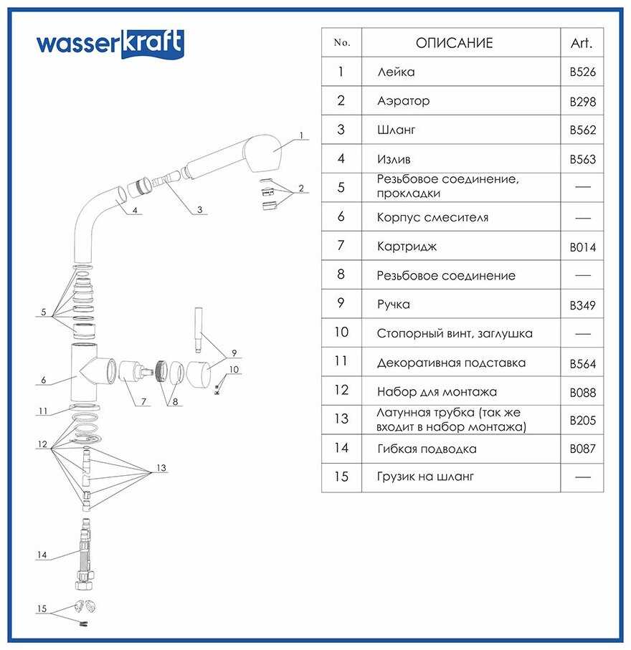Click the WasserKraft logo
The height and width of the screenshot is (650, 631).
[110, 43]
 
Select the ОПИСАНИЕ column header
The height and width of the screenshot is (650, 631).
[455, 43]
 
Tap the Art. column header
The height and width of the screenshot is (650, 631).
[582, 43]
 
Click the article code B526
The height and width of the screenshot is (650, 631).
[582, 72]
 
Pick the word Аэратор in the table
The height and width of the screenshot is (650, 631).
[403, 101]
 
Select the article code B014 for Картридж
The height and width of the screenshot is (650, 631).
[582, 247]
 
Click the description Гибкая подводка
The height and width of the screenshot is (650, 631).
[427, 449]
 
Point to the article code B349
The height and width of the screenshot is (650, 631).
[582, 305]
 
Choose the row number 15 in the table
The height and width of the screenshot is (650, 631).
[341, 477]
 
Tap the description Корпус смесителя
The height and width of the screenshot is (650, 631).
[432, 218]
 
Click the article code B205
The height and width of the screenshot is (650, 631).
[582, 421]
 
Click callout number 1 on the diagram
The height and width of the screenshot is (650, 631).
[302, 135]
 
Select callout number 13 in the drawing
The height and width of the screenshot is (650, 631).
[161, 468]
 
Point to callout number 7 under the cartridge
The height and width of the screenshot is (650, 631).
[143, 401]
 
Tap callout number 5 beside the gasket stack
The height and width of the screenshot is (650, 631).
[44, 312]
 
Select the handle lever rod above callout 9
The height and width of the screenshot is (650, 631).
[199, 330]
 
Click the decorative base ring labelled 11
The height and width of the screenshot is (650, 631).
[85, 407]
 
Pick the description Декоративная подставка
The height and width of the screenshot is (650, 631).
[451, 363]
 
